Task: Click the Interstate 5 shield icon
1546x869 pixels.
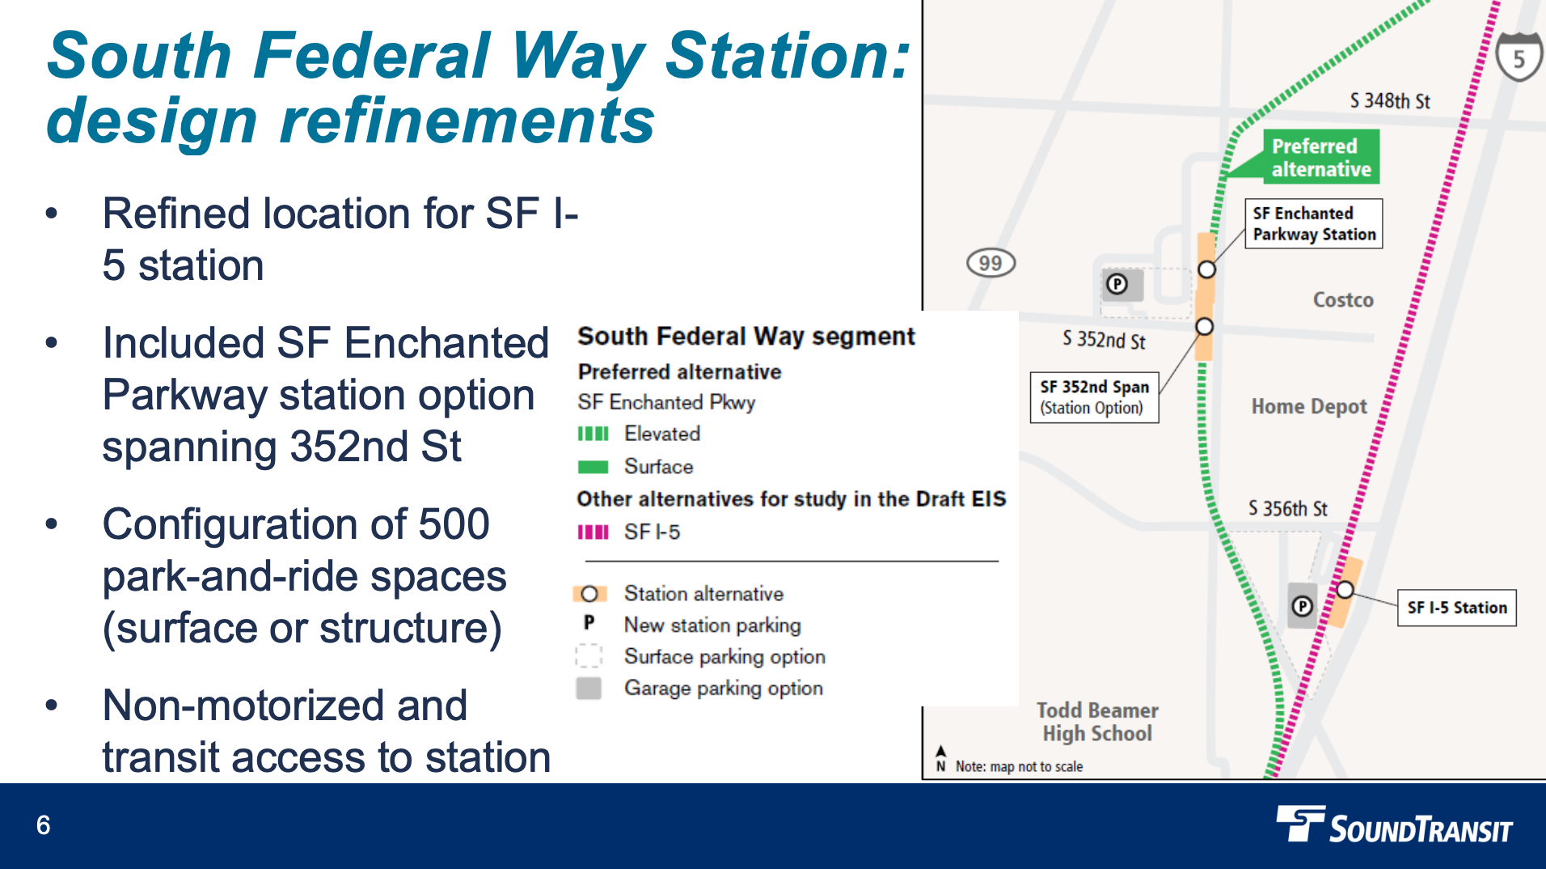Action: click(1519, 57)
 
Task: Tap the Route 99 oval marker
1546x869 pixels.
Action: click(991, 263)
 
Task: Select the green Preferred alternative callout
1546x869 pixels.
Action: click(1320, 157)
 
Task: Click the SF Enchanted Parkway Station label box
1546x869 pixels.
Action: click(1313, 223)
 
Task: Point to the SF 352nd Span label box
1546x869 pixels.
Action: click(1094, 396)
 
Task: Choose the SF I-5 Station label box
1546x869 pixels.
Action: click(1456, 608)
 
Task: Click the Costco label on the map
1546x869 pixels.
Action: click(1342, 300)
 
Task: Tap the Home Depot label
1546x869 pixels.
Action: click(1308, 406)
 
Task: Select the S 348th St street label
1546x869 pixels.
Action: click(1389, 101)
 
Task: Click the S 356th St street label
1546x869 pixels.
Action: click(1287, 508)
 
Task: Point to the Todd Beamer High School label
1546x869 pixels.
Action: click(1097, 722)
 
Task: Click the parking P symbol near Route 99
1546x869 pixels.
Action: click(1117, 284)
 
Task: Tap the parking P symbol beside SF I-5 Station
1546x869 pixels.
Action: click(1302, 606)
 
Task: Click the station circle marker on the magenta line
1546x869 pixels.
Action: click(1345, 590)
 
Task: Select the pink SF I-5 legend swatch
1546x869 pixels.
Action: click(593, 532)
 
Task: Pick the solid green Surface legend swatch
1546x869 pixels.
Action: click(593, 467)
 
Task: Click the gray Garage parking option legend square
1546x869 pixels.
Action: click(589, 689)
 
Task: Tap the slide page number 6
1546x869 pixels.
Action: click(44, 825)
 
